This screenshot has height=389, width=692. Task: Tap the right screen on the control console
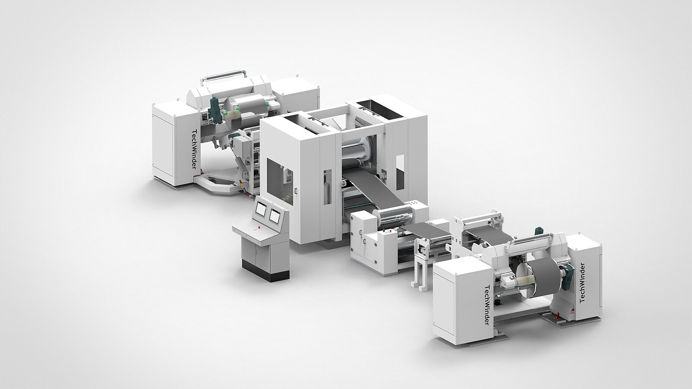coord(274,216)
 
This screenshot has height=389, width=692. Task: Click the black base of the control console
coord(265,272)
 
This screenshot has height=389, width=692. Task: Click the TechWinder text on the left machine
coord(194,149)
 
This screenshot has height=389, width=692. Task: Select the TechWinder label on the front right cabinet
coord(487,304)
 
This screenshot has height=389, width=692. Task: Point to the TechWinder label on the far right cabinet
coord(582,283)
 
